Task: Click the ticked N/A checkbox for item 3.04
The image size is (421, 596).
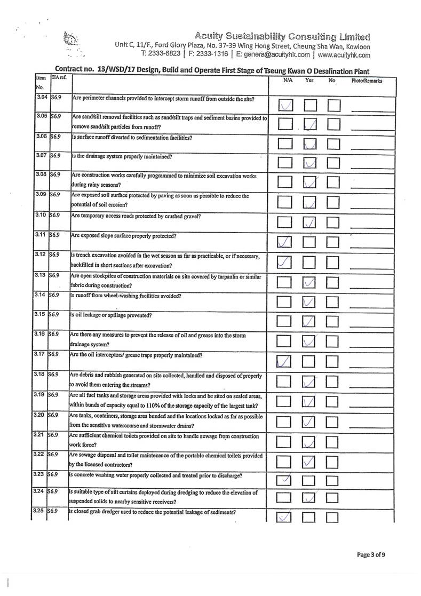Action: click(286, 105)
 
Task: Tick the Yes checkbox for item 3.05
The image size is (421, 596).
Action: click(310, 124)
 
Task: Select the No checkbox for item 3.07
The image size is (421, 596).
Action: click(334, 163)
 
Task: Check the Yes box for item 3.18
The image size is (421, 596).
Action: click(310, 382)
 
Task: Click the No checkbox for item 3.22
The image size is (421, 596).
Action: click(334, 462)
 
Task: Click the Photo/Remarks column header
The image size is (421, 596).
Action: click(367, 81)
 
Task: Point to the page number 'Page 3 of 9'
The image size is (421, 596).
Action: click(371, 555)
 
